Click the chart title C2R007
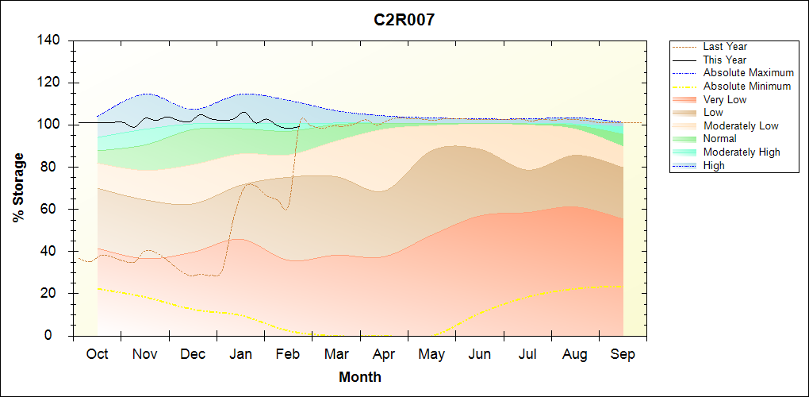pos(404,20)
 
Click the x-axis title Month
pos(359,377)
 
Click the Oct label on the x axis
pos(97,354)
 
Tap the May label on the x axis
pos(431,354)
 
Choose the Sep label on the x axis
pos(623,354)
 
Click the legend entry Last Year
pos(725,47)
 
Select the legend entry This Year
pos(725,60)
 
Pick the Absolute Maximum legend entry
pos(748,73)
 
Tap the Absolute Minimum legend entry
pos(747,87)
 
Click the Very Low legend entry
pos(725,99)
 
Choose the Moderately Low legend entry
pos(741,125)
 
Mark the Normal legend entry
pos(719,139)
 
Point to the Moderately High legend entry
pos(742,152)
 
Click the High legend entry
pos(714,165)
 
